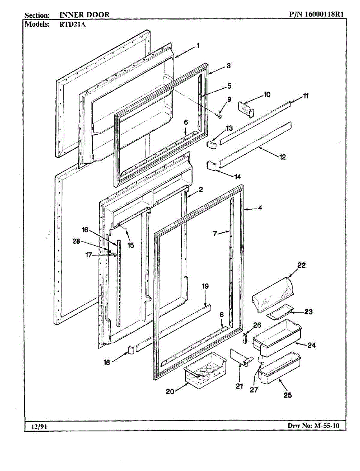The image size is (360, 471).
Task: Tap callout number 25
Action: tap(287, 395)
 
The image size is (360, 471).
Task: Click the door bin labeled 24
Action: tap(277, 336)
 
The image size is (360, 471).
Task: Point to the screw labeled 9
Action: tap(220, 117)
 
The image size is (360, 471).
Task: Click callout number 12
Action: tap(283, 157)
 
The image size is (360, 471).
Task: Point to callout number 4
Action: tap(259, 208)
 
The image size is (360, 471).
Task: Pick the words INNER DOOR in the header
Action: tap(84, 15)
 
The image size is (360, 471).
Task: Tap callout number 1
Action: tap(198, 46)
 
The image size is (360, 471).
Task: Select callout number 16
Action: tap(85, 229)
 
